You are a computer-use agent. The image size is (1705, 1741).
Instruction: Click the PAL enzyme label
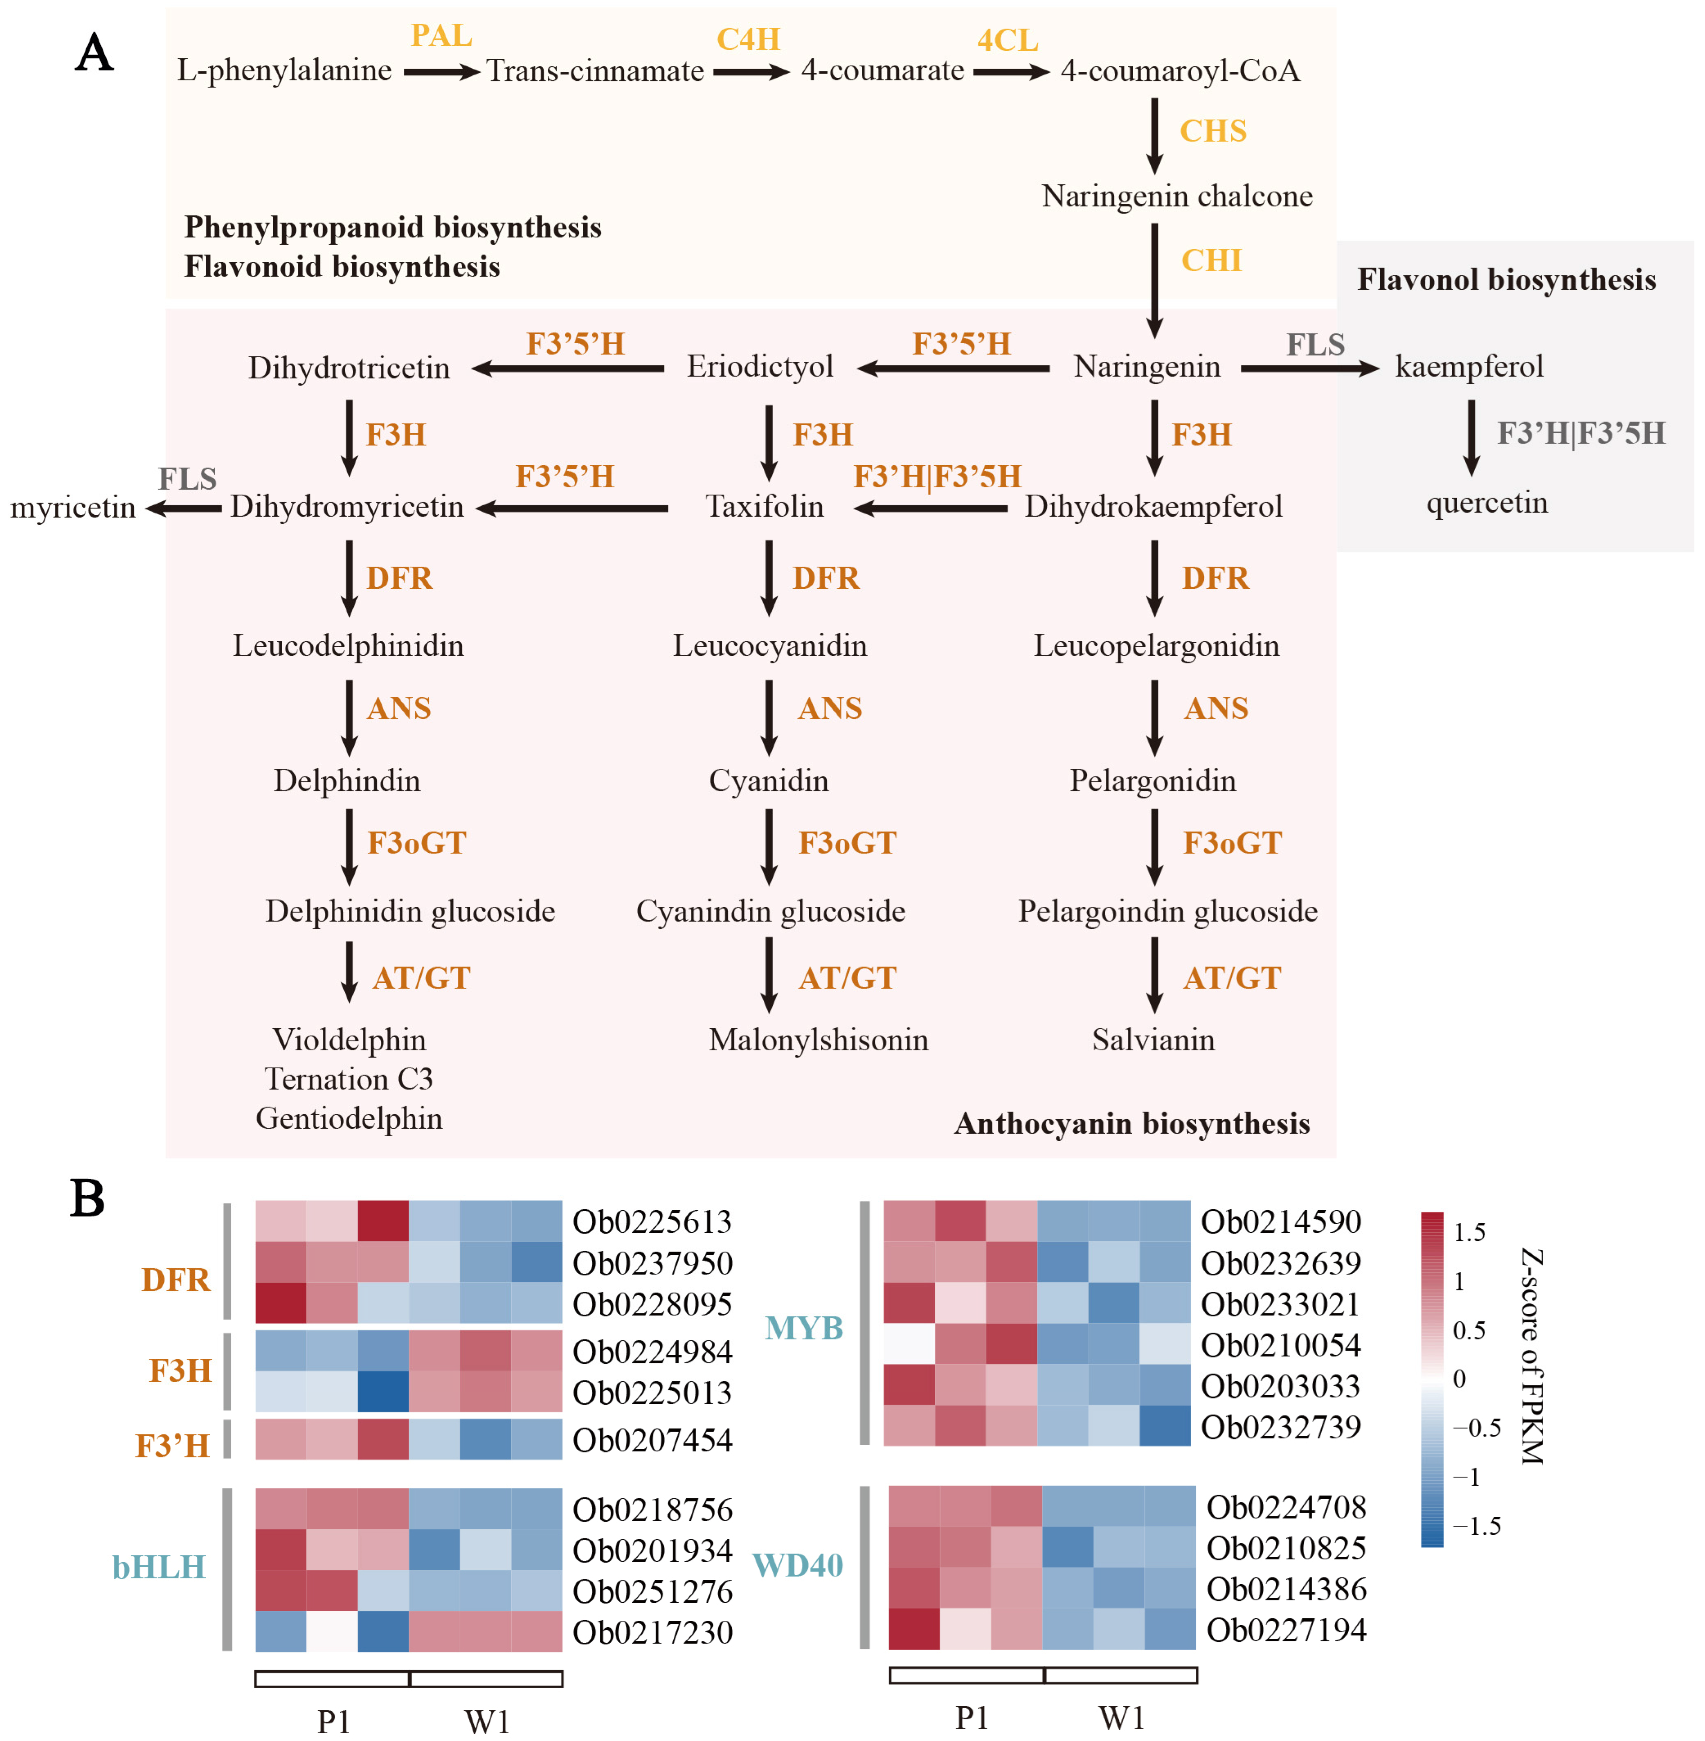click(x=441, y=36)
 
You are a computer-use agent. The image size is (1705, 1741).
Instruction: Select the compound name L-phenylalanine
click(x=284, y=70)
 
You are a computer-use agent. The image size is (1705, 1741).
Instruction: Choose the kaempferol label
click(x=1469, y=366)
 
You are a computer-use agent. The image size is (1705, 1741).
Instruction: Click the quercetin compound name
click(x=1487, y=502)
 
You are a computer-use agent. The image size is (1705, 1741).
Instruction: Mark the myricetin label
click(x=72, y=508)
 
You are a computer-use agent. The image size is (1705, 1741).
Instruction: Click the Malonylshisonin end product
click(x=818, y=1040)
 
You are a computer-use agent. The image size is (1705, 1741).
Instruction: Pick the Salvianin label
click(x=1152, y=1040)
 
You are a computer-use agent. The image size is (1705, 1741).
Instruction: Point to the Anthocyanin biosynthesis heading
click(x=1132, y=1123)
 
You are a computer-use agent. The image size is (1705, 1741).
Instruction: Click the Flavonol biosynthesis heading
click(x=1506, y=279)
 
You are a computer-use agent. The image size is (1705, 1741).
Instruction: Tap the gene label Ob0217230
click(x=652, y=1632)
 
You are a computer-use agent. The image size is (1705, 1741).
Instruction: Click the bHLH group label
click(x=158, y=1566)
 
